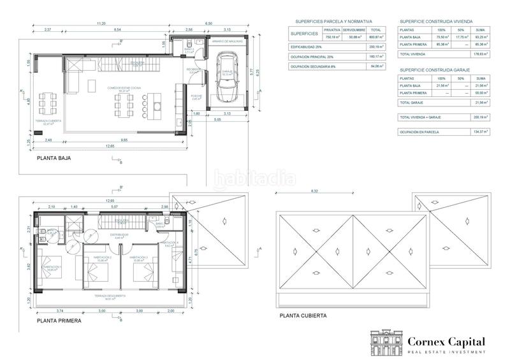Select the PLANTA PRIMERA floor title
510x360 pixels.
[59, 320]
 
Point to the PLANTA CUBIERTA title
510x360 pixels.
[303, 315]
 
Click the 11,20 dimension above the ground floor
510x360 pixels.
[101, 24]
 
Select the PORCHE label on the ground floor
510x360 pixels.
[197, 96]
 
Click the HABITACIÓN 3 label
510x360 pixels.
[141, 257]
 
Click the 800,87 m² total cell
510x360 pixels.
[376, 38]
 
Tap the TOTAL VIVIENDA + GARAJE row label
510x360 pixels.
[419, 117]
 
